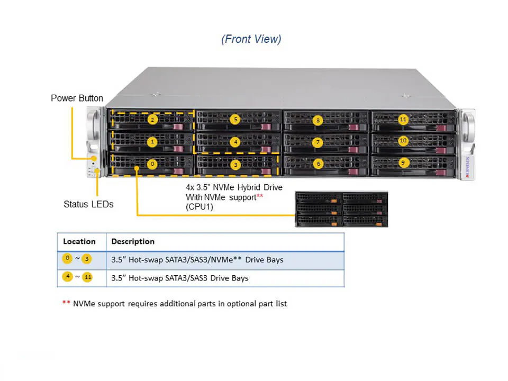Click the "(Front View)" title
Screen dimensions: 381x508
point(251,39)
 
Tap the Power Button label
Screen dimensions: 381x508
point(77,98)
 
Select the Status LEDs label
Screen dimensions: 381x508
point(88,204)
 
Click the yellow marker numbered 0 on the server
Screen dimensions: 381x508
point(152,164)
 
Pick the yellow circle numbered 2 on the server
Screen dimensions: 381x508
point(152,120)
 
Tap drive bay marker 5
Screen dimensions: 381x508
point(235,120)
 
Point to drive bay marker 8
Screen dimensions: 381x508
point(318,120)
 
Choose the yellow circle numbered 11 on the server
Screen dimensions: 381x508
point(403,120)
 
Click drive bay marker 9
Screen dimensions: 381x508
point(404,163)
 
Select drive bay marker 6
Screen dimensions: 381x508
point(318,164)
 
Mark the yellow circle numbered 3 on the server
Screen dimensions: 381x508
point(235,165)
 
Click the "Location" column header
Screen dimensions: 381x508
point(79,241)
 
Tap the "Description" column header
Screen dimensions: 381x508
point(133,241)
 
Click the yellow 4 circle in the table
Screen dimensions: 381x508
point(67,277)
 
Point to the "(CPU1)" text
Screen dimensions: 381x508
point(198,207)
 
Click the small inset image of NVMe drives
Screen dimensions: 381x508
point(341,209)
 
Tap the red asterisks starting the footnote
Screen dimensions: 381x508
point(66,303)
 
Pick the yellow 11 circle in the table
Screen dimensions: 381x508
point(87,277)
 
